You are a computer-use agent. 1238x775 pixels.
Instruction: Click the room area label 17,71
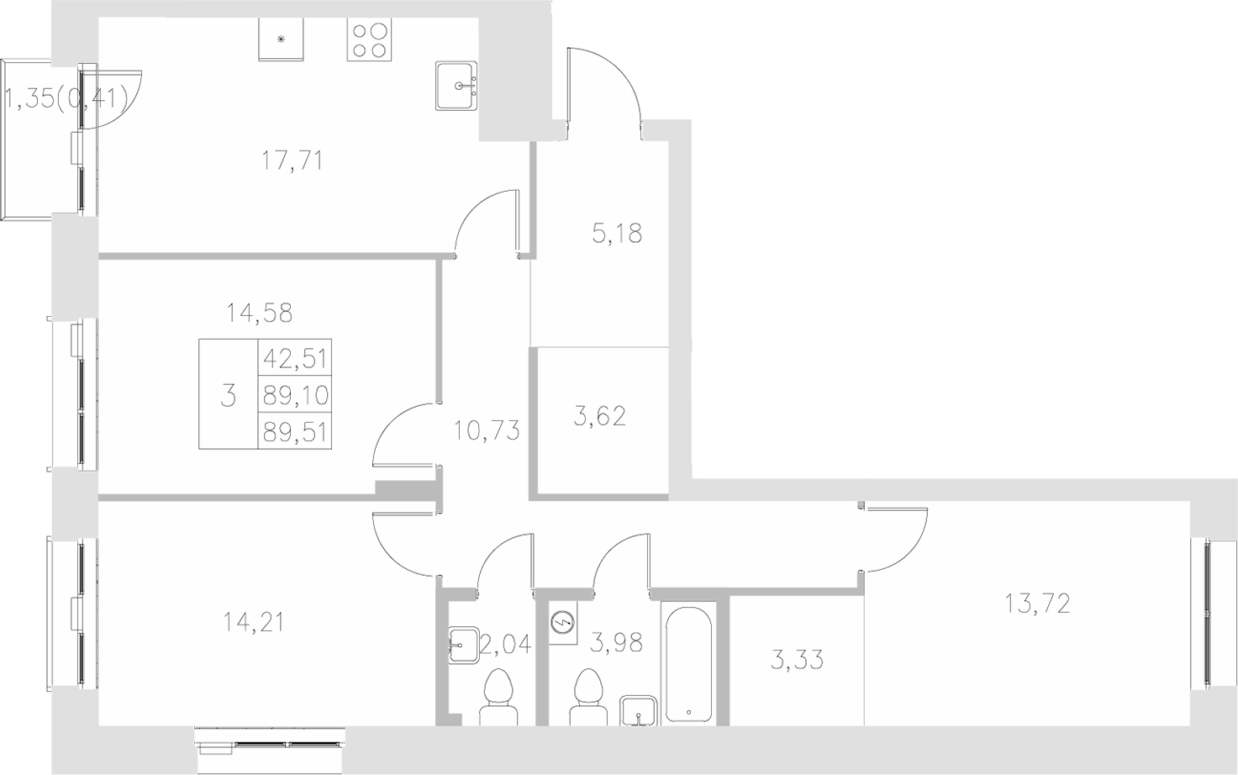[x=292, y=160]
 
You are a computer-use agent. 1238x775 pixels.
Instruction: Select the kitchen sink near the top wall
[x=457, y=86]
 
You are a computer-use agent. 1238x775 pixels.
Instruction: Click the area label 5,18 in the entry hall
[x=617, y=233]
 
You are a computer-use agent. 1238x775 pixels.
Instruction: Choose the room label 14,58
[x=259, y=314]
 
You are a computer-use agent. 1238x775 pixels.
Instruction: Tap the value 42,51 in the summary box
[x=295, y=358]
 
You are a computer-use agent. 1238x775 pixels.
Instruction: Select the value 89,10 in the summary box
[x=295, y=394]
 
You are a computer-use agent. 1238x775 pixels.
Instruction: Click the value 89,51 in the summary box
[x=295, y=431]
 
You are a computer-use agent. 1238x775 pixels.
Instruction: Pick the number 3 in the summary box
[x=228, y=395]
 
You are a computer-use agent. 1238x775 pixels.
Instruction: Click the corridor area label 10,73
[x=486, y=431]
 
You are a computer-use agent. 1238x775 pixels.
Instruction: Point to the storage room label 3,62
[x=599, y=415]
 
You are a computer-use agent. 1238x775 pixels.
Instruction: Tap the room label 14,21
[x=253, y=622]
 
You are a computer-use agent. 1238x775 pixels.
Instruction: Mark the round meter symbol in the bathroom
[x=561, y=624]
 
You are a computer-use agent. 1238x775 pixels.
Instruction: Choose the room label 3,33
[x=797, y=659]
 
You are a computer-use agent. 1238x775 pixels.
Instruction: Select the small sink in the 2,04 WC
[x=461, y=646]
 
